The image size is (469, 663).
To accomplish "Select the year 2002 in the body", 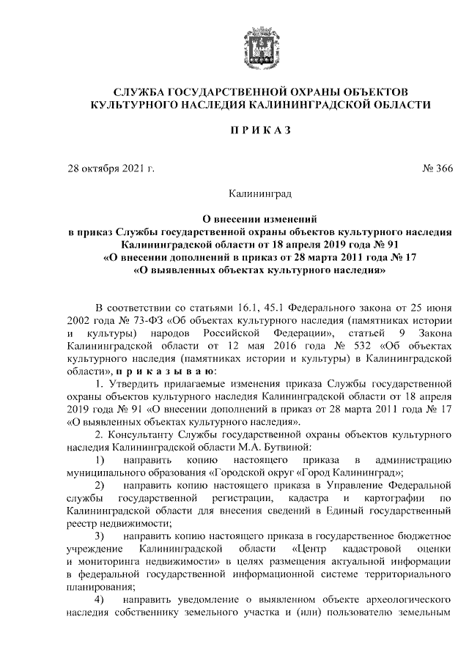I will pos(78,322).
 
